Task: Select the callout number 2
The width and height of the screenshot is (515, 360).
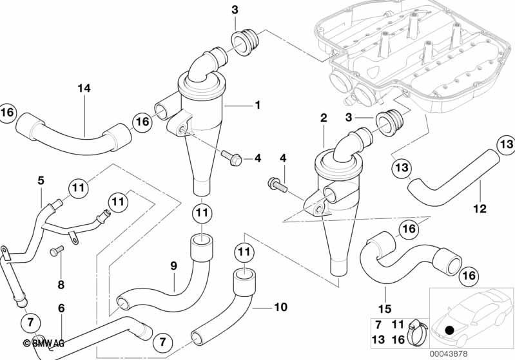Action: coord(324,118)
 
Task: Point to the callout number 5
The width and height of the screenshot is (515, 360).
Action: coord(41,181)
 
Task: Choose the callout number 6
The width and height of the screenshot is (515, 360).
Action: coord(61,308)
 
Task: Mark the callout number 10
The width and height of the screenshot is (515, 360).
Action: coord(280,307)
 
